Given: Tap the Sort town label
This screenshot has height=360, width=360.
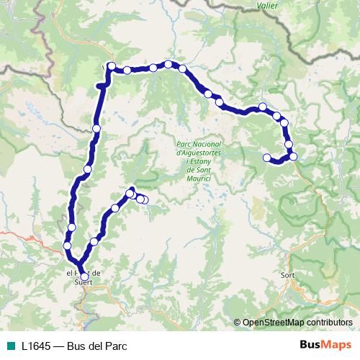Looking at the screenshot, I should click(289, 274).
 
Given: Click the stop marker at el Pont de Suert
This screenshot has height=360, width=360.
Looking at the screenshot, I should click(84, 276).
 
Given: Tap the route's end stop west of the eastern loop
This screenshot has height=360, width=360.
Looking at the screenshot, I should click(267, 158).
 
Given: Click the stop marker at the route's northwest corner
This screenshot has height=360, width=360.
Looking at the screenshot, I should click(112, 66).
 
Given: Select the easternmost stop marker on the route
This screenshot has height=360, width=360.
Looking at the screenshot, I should click(293, 156).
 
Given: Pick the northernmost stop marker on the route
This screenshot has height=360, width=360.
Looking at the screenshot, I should click(168, 64).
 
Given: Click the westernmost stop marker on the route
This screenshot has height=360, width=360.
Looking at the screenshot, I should click(67, 246).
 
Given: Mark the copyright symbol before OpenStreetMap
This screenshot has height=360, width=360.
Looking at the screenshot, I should click(238, 322).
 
